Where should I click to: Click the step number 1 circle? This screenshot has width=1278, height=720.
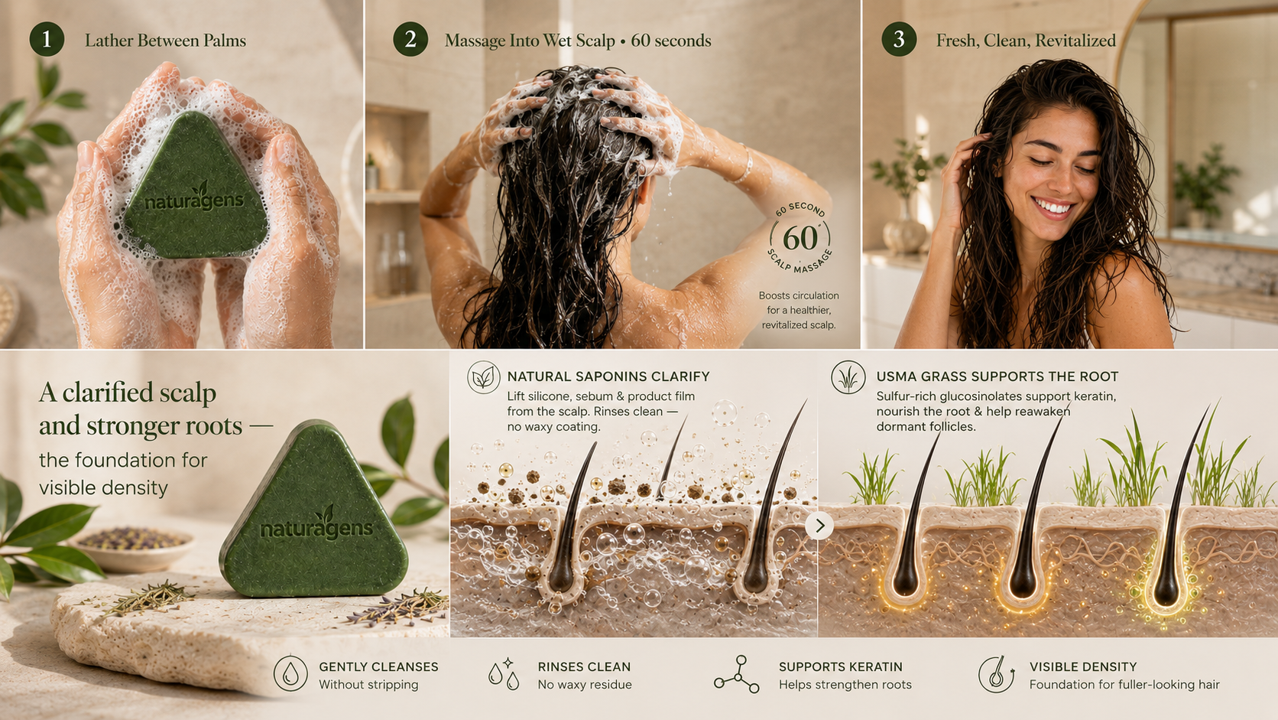(x=47, y=39)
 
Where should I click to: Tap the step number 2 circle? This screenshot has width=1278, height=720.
(x=410, y=39)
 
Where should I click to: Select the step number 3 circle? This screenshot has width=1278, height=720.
(x=899, y=39)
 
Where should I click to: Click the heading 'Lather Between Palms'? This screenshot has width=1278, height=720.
(x=165, y=41)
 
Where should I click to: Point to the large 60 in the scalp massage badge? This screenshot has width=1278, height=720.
(x=800, y=238)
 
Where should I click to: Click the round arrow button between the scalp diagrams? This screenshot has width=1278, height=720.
(x=819, y=526)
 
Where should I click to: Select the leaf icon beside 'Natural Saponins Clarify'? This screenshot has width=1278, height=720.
(x=484, y=377)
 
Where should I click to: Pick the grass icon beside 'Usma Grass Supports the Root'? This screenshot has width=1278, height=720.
(x=848, y=377)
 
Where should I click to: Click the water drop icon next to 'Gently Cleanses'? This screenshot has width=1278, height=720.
(x=290, y=674)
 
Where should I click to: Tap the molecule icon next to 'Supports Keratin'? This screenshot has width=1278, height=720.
(x=737, y=674)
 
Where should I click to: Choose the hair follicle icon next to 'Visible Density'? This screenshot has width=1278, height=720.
(x=996, y=674)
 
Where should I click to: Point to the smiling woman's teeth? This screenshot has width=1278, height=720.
(x=1053, y=207)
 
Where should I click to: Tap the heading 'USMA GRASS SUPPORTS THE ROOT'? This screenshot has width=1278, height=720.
(x=997, y=377)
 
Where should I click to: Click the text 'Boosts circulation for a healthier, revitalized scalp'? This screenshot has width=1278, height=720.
(x=799, y=310)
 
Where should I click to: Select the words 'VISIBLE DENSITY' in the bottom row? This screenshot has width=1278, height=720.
(x=1083, y=667)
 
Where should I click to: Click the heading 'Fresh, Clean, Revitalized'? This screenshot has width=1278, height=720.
(x=1026, y=41)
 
